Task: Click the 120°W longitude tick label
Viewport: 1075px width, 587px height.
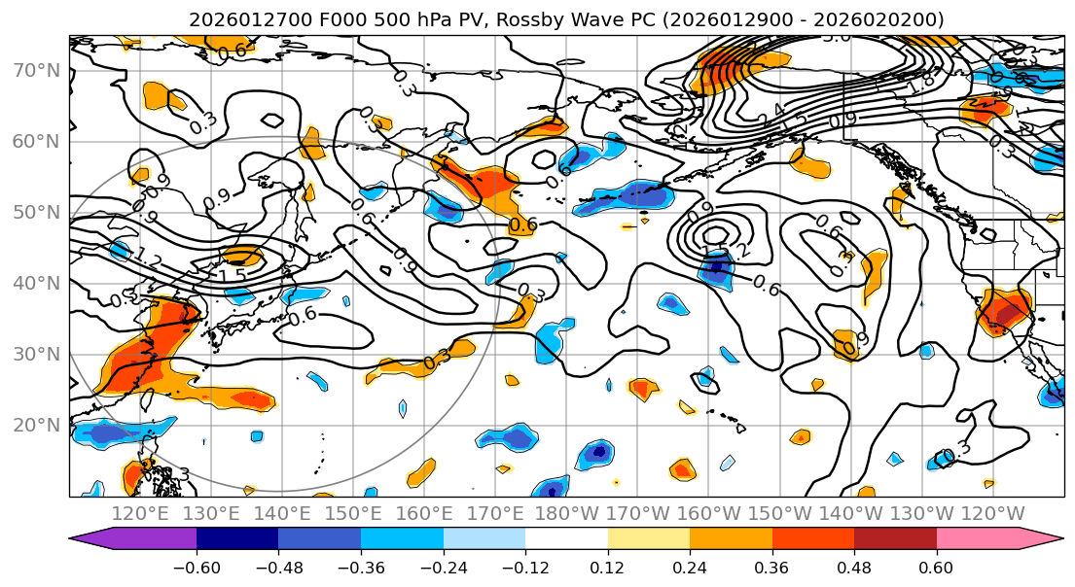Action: point(992,513)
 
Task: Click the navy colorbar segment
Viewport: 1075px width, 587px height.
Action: point(237,540)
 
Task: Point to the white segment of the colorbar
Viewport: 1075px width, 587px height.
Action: point(566,540)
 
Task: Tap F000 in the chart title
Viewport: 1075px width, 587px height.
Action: point(312,19)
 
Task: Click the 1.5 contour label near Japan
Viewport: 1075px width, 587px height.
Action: point(233,276)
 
